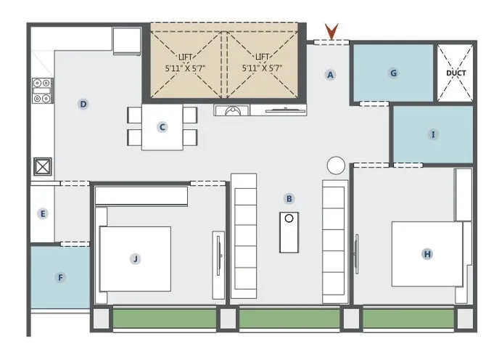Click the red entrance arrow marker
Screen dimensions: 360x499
tap(331, 31)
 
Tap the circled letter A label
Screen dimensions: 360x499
tap(331, 74)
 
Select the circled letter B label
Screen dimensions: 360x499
tap(289, 198)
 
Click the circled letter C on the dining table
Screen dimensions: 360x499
tap(162, 127)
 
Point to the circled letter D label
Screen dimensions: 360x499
tap(83, 105)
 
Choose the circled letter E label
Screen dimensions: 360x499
tap(44, 213)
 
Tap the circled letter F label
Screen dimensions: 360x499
tap(60, 277)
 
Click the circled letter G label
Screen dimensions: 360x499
tap(394, 73)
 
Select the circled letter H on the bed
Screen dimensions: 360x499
tap(427, 254)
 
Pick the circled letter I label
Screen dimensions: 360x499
tap(434, 134)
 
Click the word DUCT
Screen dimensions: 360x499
tap(455, 73)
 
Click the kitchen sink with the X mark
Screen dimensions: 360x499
tap(42, 166)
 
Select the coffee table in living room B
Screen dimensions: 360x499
tap(289, 232)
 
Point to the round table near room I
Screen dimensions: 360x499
tap(336, 165)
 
